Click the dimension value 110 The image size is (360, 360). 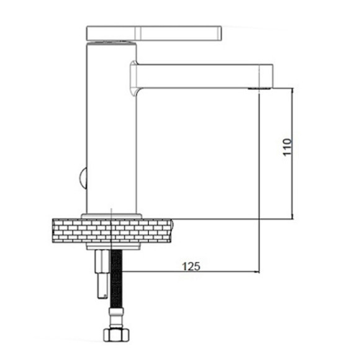pos(287,147)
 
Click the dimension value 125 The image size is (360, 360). pos(191,266)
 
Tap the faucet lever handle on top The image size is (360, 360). pos(154,34)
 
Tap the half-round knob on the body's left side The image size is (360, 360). pos(83,178)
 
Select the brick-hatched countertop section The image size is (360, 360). pos(112,231)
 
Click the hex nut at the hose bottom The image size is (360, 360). pos(116,335)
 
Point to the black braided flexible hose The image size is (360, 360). pos(117,279)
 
